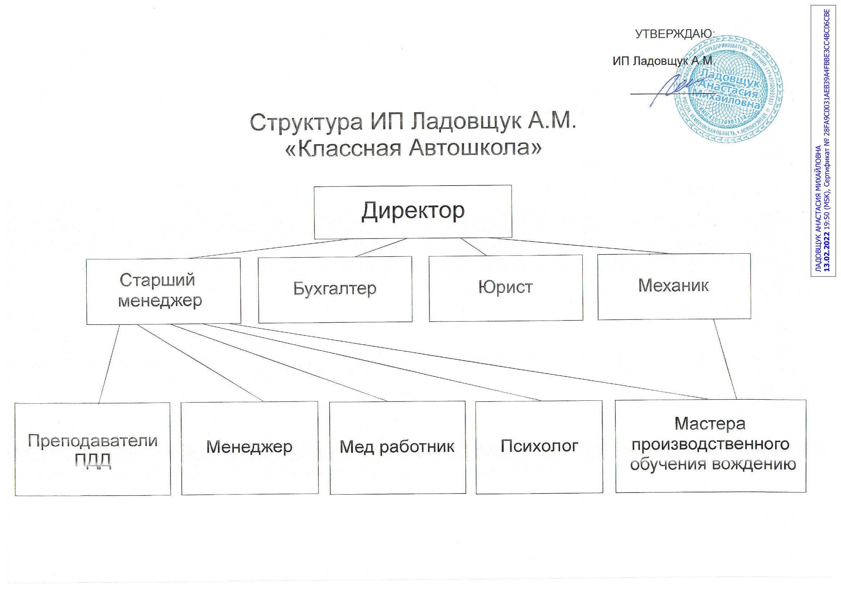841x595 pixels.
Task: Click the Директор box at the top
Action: [x=413, y=212]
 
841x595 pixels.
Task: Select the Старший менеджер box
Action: [x=163, y=291]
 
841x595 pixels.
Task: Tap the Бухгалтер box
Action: [x=335, y=290]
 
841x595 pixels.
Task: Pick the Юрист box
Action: [x=505, y=288]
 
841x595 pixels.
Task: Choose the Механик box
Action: [x=674, y=286]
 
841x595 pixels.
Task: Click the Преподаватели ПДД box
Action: [x=93, y=449]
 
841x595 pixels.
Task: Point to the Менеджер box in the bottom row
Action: [x=250, y=448]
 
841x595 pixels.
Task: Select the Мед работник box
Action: [x=397, y=448]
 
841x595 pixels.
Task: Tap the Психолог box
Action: [x=539, y=447]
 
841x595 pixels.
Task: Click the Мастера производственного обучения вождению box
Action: [x=710, y=446]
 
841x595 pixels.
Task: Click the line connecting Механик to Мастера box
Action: [x=725, y=359]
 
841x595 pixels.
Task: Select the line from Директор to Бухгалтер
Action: [x=381, y=247]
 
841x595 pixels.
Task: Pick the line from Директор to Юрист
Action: [x=473, y=246]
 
